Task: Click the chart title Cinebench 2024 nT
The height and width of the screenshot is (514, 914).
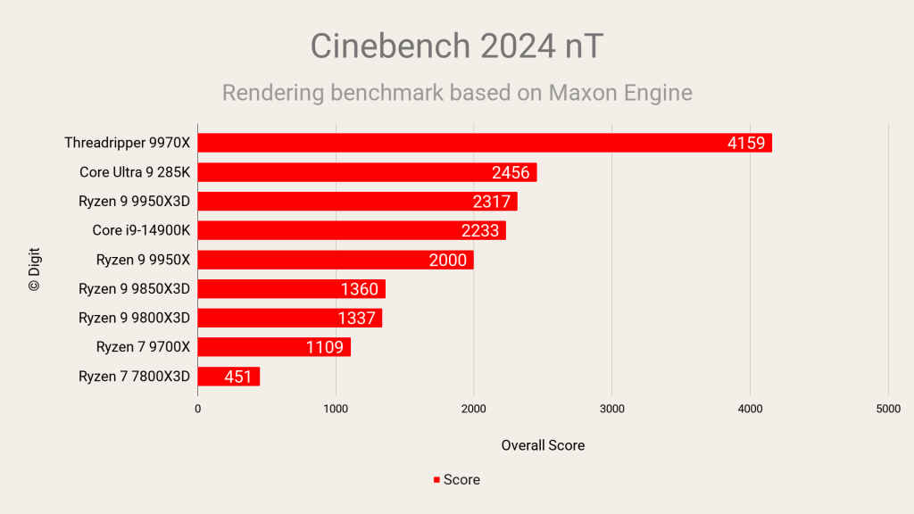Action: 456,46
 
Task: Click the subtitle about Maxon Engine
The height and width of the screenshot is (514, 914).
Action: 456,93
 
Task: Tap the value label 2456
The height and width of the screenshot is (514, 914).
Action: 511,172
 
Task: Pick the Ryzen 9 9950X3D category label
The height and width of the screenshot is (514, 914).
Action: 135,202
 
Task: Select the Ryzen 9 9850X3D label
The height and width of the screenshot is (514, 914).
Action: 135,289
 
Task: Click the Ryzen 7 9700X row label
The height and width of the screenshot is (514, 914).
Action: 144,347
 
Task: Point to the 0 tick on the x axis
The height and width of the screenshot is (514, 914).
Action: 198,408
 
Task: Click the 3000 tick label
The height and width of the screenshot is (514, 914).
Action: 611,408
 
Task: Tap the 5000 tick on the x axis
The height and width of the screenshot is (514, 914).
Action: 887,408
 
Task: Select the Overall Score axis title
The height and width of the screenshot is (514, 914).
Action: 543,445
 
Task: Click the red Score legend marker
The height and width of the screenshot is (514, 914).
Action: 436,480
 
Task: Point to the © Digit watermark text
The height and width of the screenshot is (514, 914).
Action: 35,270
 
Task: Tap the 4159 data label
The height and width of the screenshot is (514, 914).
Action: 746,143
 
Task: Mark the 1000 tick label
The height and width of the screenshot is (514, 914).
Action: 336,408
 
